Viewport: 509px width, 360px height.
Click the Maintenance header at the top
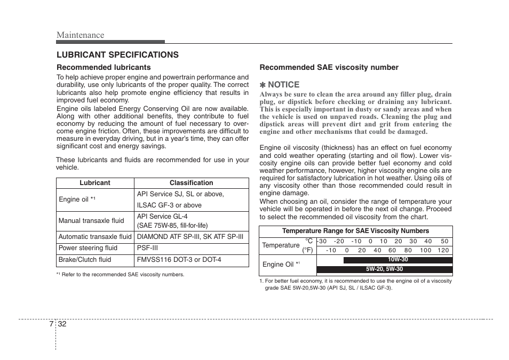click(x=81, y=35)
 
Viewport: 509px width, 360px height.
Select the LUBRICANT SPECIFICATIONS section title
click(x=118, y=55)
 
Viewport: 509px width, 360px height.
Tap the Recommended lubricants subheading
click(x=104, y=67)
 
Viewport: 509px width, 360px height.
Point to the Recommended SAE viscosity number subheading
click(x=329, y=67)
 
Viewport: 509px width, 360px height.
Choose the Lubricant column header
click(x=95, y=183)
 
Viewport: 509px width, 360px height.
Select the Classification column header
click(x=191, y=183)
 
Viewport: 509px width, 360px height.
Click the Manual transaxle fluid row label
click(x=91, y=221)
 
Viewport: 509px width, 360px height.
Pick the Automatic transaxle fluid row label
click(x=95, y=237)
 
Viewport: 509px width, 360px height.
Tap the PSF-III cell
click(x=147, y=248)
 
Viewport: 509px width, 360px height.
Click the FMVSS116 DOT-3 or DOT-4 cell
click(x=179, y=260)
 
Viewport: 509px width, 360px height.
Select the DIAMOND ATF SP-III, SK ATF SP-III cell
click(x=190, y=237)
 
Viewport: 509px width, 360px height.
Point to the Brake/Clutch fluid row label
click(x=85, y=260)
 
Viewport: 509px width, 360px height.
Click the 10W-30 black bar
click(x=397, y=260)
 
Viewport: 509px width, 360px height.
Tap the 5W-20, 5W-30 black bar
click(x=384, y=269)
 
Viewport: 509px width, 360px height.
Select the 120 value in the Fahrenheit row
click(x=443, y=250)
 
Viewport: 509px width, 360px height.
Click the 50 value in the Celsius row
click(x=444, y=241)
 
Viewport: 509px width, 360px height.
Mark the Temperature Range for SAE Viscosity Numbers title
click(x=355, y=231)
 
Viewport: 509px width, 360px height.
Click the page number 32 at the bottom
click(x=62, y=325)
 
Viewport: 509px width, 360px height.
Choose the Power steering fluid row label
click(x=88, y=248)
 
